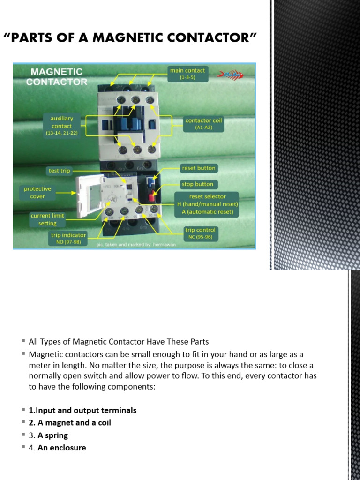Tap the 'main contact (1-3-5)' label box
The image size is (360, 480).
(x=187, y=74)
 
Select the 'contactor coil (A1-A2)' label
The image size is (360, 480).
(x=204, y=123)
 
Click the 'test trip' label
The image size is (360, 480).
(x=59, y=171)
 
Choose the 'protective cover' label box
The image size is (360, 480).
(x=37, y=192)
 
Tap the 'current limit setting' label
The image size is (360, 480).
(x=47, y=219)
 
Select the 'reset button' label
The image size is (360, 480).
(x=198, y=168)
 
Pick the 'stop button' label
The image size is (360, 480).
(x=197, y=184)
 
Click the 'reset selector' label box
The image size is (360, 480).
(x=207, y=204)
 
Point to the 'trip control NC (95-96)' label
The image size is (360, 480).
(x=200, y=233)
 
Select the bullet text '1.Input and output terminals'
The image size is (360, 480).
(x=82, y=410)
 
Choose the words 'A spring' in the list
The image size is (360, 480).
(x=53, y=435)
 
